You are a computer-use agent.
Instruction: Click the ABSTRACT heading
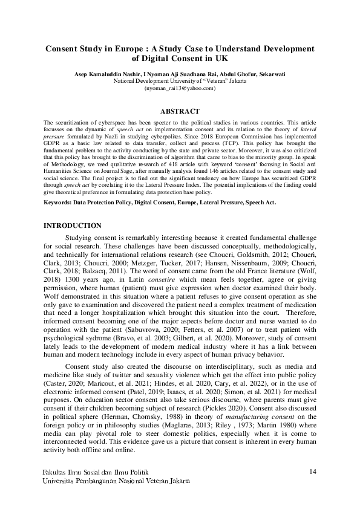pyautogui.click(x=179, y=111)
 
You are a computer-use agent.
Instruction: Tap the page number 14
pyautogui.click(x=313, y=472)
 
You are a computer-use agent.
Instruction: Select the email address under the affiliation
pyautogui.click(x=180, y=88)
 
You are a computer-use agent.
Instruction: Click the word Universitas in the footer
pyautogui.click(x=63, y=481)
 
